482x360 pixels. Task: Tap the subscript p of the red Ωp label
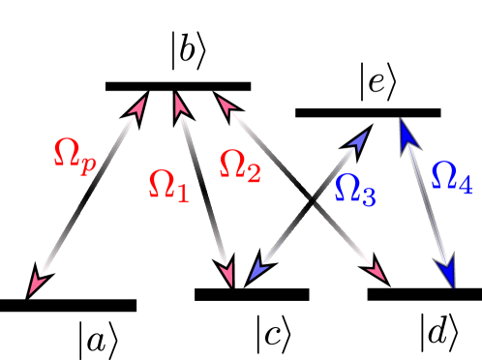tap(88, 165)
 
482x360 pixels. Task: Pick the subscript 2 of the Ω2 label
tap(254, 174)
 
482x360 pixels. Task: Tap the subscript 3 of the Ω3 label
tap(368, 196)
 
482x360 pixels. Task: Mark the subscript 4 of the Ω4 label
tap(466, 185)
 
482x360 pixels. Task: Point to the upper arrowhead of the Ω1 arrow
tap(178, 103)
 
